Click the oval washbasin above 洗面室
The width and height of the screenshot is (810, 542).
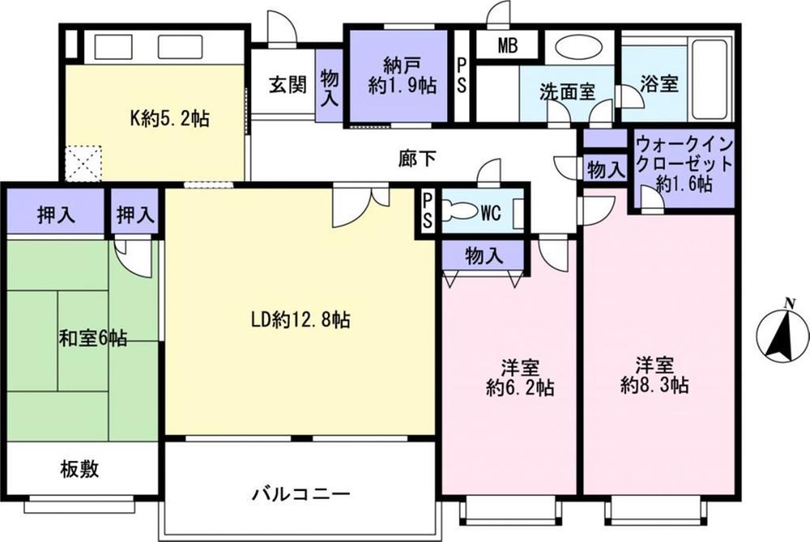tap(578, 48)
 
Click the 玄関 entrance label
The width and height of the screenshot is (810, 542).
tap(287, 84)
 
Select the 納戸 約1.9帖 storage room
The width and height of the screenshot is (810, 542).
tap(397, 77)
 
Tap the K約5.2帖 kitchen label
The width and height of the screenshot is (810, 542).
tap(170, 119)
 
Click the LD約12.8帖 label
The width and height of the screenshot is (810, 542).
tap(300, 320)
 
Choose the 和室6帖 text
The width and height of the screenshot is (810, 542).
tap(92, 337)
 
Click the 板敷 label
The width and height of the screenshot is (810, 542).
tap(79, 469)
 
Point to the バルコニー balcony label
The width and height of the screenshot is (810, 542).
tap(300, 493)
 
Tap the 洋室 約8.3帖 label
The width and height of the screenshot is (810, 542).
tap(655, 373)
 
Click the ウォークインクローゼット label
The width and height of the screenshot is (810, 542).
tap(684, 164)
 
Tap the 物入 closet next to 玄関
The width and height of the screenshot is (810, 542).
tap(330, 85)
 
